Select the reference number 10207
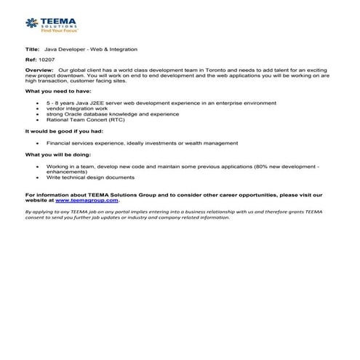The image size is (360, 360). point(46,59)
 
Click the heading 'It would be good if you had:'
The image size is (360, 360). point(64,131)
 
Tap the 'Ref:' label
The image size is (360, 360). point(31,59)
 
